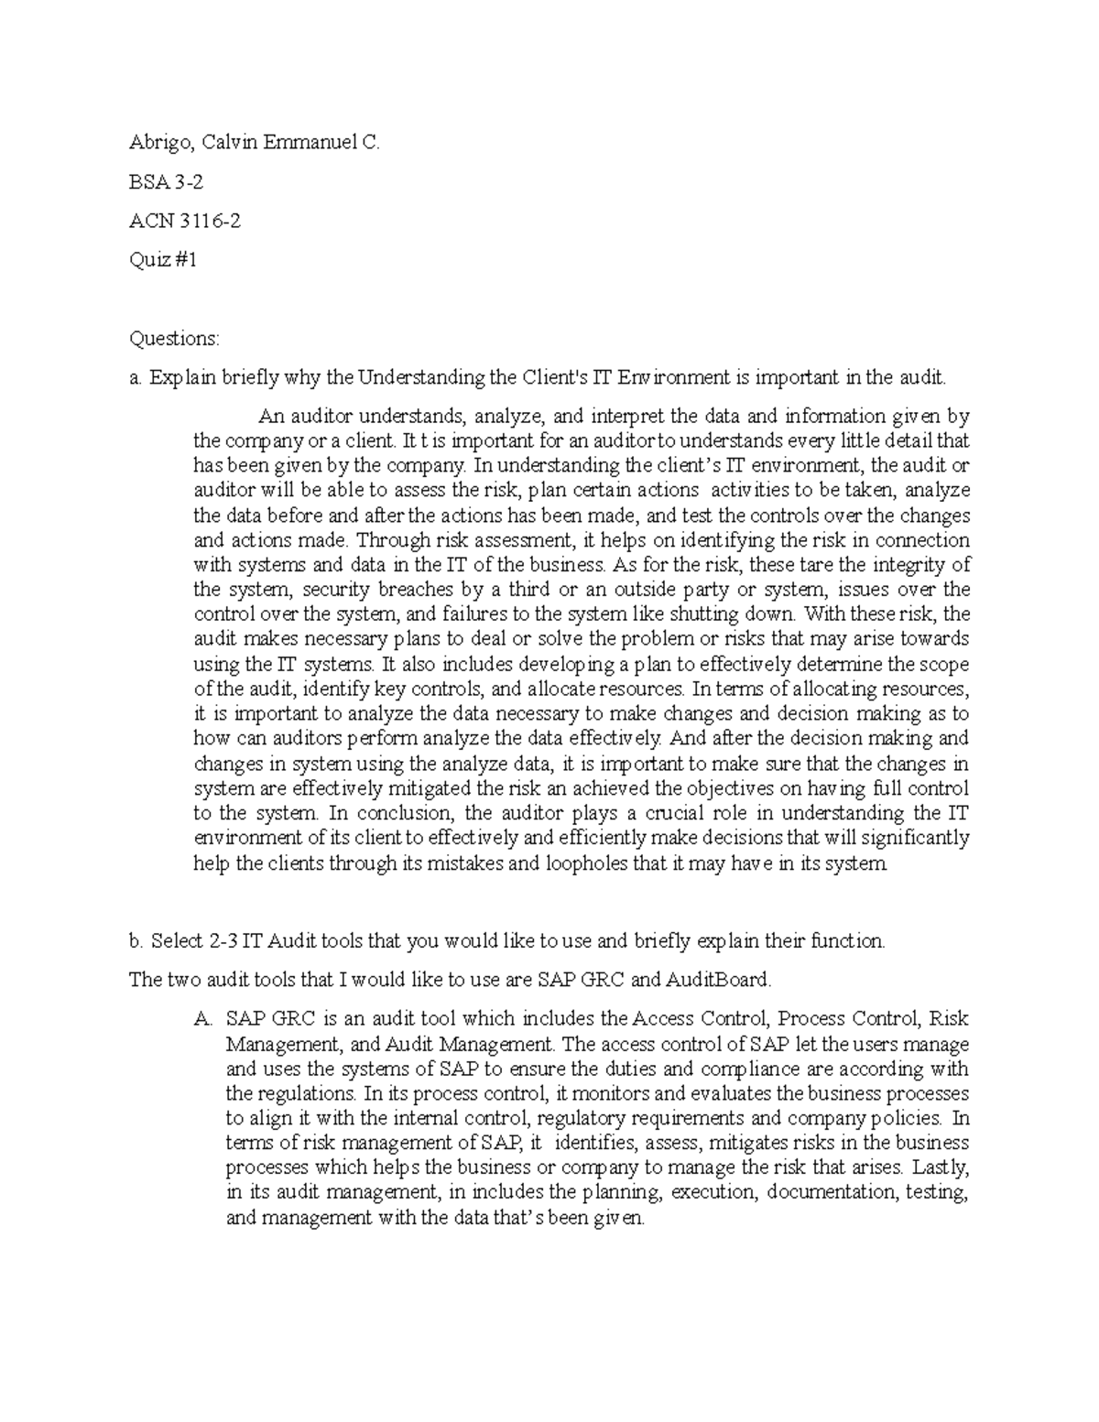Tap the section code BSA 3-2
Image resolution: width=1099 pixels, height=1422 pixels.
point(166,182)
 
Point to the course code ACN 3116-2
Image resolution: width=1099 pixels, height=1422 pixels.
point(185,221)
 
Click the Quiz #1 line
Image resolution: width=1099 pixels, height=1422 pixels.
point(163,260)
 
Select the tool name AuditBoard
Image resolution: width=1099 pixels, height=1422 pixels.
point(718,980)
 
